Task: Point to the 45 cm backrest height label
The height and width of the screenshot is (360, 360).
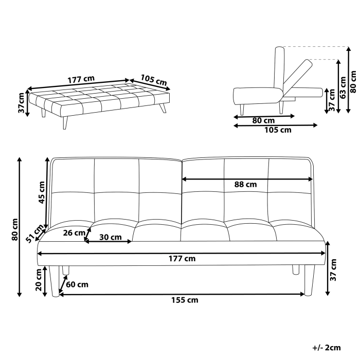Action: point(42,192)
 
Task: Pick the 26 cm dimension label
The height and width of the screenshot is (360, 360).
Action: point(74,232)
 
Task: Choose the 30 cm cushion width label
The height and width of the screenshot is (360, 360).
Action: point(110,237)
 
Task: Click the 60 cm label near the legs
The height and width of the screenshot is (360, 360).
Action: point(77,284)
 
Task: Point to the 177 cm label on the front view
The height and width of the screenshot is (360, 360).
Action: point(183,259)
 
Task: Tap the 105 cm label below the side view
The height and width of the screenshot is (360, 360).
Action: point(278,130)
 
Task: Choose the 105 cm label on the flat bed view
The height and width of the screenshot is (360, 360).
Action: point(154,80)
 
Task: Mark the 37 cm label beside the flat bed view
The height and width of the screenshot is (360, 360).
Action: point(21,103)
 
